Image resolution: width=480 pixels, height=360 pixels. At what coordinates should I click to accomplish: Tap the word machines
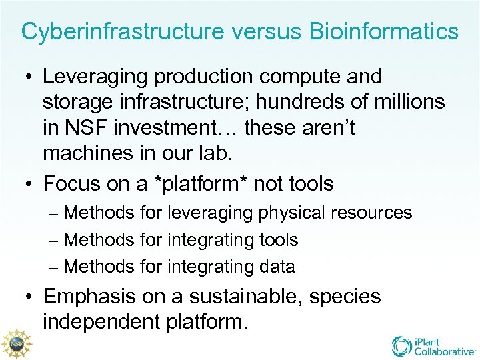pyautogui.click(x=88, y=153)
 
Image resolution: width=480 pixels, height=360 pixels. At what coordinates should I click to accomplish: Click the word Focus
pyautogui.click(x=73, y=183)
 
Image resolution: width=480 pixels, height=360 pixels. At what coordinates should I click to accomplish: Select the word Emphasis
pyautogui.click(x=90, y=297)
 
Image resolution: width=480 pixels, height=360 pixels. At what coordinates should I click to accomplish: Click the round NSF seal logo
pyautogui.click(x=14, y=341)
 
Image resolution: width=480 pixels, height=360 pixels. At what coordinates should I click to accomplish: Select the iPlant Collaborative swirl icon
pyautogui.click(x=403, y=345)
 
